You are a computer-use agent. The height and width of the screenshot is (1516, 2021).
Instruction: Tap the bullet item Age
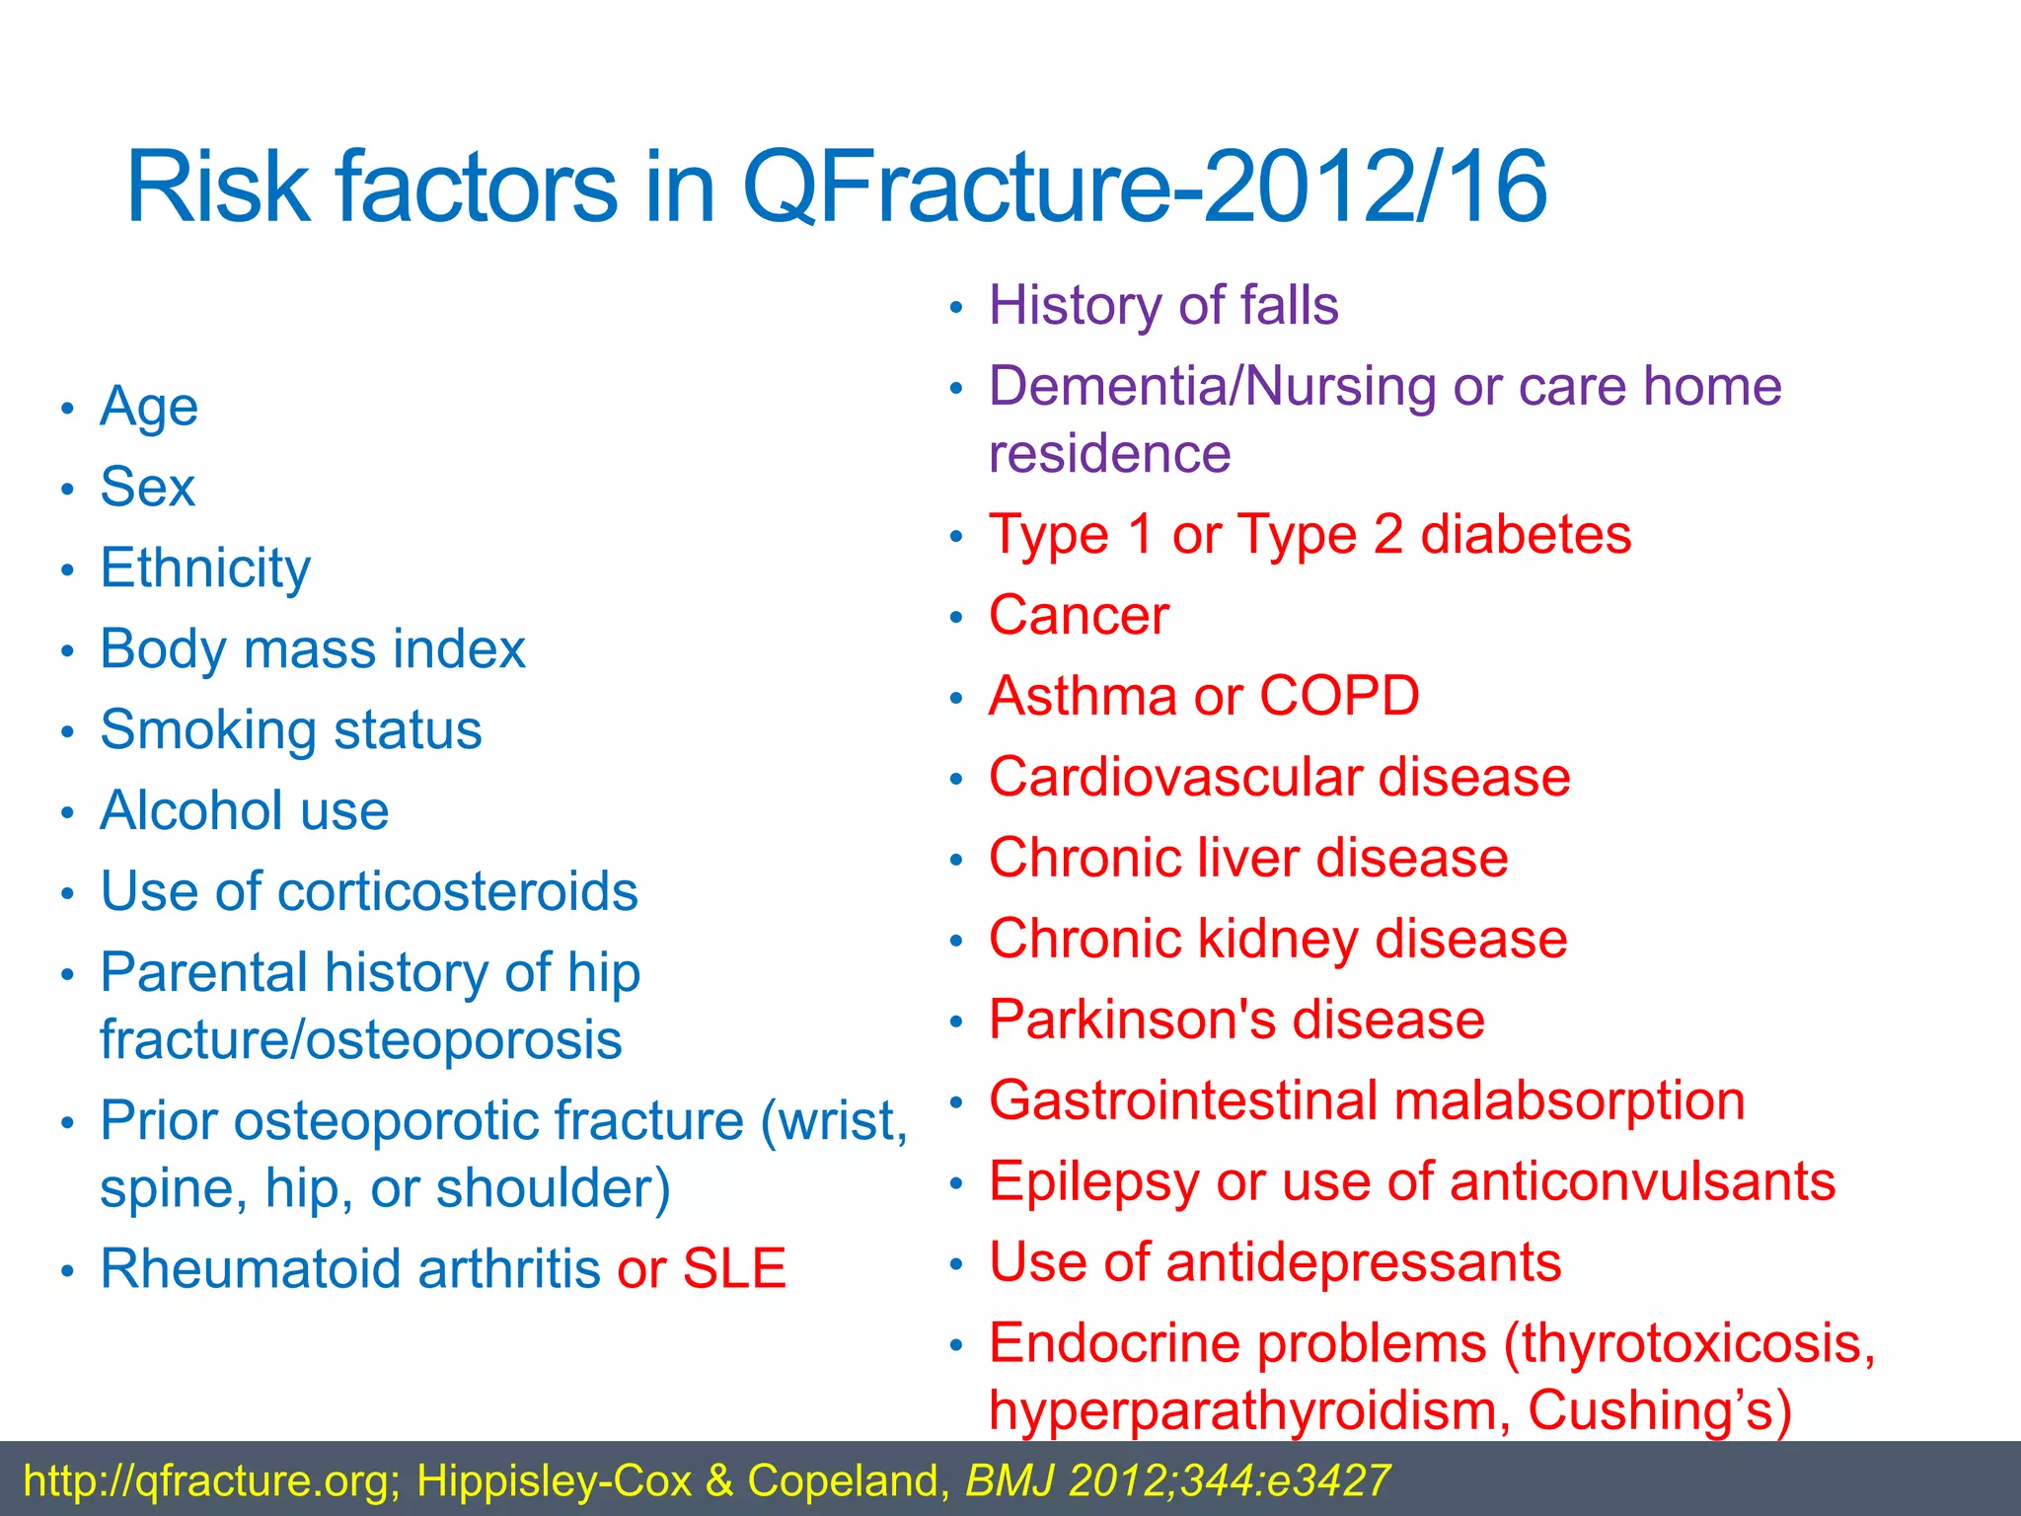tap(149, 408)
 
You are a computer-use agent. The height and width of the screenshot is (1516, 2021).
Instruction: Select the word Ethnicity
tap(205, 569)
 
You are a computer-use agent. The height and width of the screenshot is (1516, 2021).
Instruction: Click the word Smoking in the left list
tap(207, 731)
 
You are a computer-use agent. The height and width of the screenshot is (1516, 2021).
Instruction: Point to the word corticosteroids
tap(458, 892)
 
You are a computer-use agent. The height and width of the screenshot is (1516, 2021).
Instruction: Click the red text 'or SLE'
tap(702, 1269)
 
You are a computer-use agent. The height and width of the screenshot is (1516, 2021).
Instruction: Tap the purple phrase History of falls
tap(1163, 306)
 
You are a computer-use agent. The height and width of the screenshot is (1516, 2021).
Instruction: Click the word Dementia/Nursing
tap(1211, 387)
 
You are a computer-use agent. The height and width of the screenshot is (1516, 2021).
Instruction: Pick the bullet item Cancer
tap(1079, 617)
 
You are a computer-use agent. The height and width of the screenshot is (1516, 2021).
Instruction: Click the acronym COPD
tap(1339, 697)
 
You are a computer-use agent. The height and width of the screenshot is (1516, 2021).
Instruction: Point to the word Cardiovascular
tap(1174, 778)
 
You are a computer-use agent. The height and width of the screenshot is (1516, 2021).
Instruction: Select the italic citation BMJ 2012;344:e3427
tap(1177, 1481)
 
